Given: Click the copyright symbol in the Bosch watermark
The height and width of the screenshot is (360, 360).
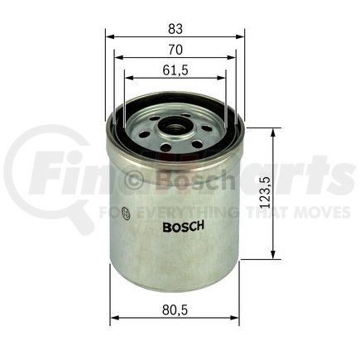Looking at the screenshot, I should coord(135,179).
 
